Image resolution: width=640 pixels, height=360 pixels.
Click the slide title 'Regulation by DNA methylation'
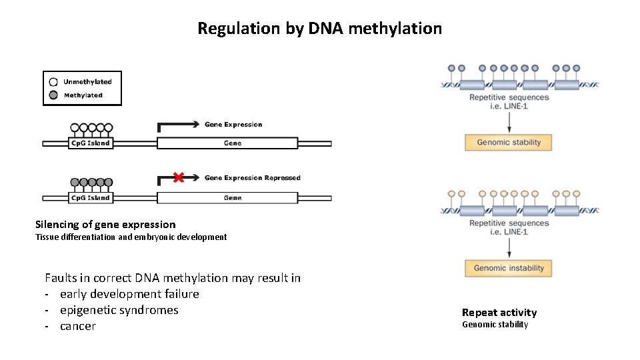(x=319, y=29)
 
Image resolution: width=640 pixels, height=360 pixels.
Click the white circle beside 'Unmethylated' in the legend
(x=53, y=82)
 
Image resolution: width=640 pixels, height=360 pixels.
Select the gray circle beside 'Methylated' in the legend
(x=53, y=95)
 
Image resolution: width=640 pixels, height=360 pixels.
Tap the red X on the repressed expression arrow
(x=178, y=177)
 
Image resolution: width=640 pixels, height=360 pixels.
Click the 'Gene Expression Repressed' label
(x=252, y=178)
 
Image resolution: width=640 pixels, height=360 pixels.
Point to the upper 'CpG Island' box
(x=90, y=143)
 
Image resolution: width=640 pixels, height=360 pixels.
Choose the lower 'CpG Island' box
(x=90, y=197)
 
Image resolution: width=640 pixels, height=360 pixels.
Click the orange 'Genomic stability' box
(x=509, y=142)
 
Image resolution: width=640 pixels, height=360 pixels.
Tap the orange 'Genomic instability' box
(x=509, y=268)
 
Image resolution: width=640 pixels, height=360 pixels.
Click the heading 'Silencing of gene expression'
(x=105, y=225)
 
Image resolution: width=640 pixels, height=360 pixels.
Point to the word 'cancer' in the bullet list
(x=78, y=326)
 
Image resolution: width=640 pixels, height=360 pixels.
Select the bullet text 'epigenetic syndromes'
(x=119, y=310)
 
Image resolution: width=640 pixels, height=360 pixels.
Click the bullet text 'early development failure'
(x=129, y=294)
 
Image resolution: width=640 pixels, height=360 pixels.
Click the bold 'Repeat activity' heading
(x=499, y=313)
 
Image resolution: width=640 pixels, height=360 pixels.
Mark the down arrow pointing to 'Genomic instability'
(x=509, y=247)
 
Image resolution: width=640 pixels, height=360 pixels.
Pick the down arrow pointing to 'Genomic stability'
(x=509, y=121)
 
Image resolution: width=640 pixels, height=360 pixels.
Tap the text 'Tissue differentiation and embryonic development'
(x=131, y=237)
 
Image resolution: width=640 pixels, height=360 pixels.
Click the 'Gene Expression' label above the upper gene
(x=233, y=125)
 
